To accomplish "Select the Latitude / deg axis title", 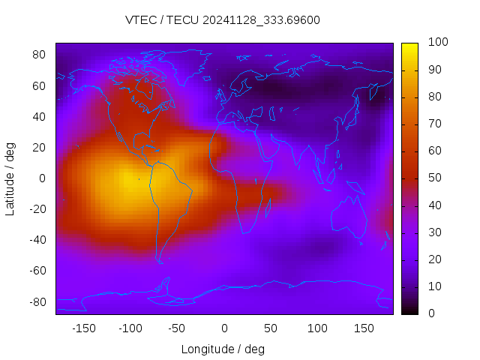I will point(10,178).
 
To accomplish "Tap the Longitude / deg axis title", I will point(223,349).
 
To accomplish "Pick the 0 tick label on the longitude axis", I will point(224,328).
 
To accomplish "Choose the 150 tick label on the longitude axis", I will point(364,328).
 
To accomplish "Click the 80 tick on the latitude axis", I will point(39,55).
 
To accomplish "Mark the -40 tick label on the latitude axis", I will point(37,240).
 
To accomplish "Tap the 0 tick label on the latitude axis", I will point(43,178).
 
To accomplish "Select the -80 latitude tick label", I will point(37,301).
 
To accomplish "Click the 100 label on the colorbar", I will point(437,43).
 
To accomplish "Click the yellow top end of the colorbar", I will point(409,46).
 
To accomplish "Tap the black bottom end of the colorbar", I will point(409,310).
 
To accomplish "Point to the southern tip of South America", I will point(160,261).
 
